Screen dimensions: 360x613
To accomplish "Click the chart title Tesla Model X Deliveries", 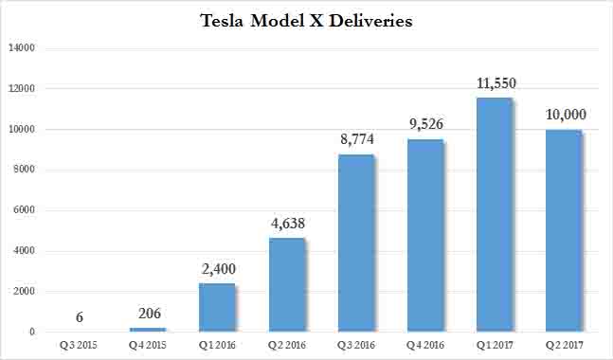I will tap(306, 21).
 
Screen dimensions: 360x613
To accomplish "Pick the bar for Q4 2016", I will tap(424, 236).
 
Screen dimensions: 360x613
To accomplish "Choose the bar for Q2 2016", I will tap(285, 285).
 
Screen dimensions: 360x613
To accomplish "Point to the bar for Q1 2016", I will tap(216, 308).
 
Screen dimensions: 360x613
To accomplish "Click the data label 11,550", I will tap(494, 83).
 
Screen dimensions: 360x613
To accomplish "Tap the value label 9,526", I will tap(424, 124).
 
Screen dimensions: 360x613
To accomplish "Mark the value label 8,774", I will tap(355, 139).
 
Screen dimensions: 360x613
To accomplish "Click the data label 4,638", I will tap(285, 224).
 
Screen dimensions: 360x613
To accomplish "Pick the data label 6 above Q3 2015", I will tap(78, 317).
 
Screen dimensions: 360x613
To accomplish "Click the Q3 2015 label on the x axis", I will tap(78, 344).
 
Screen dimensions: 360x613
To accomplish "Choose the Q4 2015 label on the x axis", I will tap(147, 344).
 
